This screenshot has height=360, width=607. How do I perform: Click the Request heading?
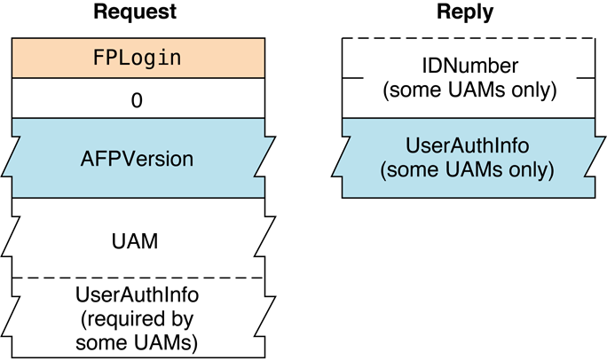pyautogui.click(x=138, y=12)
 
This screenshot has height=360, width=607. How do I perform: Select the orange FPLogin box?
pyautogui.click(x=138, y=59)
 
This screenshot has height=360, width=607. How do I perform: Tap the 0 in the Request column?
pyautogui.click(x=138, y=99)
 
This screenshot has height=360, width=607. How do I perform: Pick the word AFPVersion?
pyautogui.click(x=138, y=159)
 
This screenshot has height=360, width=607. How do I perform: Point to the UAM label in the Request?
pyautogui.click(x=138, y=239)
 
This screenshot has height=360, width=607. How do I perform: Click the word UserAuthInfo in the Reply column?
pyautogui.click(x=467, y=145)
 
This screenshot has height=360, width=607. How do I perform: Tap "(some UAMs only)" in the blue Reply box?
pyautogui.click(x=467, y=168)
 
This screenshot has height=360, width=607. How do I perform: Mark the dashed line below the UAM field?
pyautogui.click(x=138, y=278)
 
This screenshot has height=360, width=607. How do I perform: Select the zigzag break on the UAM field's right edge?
pyautogui.click(x=264, y=238)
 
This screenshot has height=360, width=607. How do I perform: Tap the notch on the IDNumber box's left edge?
pyautogui.click(x=352, y=78)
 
